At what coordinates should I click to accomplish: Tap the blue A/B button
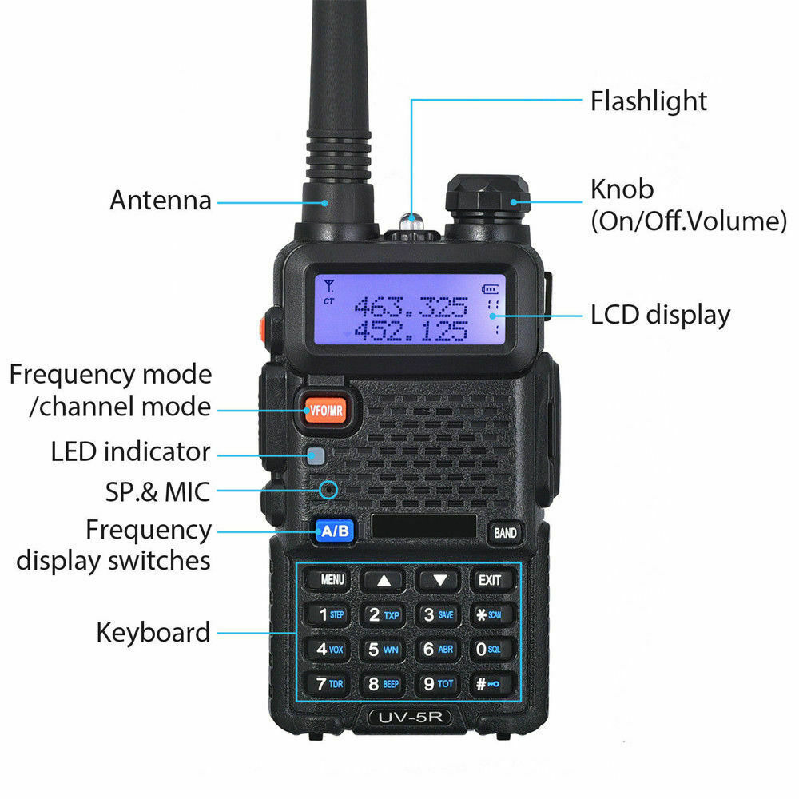(335, 530)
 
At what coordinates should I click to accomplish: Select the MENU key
(332, 580)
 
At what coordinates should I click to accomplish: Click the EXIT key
(489, 580)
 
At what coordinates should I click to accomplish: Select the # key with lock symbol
(488, 684)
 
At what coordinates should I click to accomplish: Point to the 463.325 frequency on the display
(411, 306)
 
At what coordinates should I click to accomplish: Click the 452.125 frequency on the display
(411, 330)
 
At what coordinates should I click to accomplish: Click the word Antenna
(161, 200)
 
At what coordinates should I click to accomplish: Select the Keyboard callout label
(153, 633)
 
